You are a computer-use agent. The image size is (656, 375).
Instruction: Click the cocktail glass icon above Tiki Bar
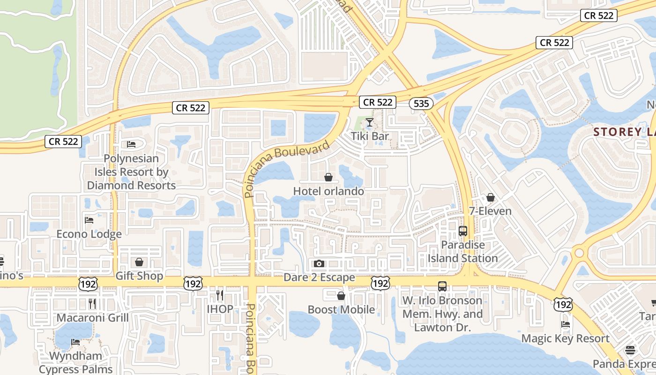coord(370,123)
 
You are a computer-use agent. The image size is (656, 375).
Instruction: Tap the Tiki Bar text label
coord(370,136)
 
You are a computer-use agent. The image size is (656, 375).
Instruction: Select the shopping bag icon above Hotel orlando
coord(328,178)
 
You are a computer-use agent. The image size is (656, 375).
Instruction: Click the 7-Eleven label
coord(491,211)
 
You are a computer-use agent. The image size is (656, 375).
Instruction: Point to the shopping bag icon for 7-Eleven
coord(491,198)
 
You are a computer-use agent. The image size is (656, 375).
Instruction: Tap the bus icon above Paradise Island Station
coord(463,231)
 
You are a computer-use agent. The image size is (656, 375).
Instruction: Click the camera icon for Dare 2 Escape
coord(319,264)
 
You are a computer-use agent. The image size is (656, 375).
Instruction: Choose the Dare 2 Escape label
coord(319,277)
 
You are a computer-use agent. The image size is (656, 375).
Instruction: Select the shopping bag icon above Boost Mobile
coord(341,296)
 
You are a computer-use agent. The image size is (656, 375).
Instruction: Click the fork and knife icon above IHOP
coord(220,295)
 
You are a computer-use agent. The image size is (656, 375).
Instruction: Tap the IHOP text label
coord(220,309)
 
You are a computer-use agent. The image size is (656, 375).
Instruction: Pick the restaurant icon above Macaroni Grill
coord(92,304)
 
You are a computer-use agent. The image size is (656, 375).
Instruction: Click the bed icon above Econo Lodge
coord(89,220)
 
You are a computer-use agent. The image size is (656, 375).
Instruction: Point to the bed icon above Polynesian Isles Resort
coord(131,144)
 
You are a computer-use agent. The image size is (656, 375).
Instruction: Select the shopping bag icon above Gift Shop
coord(139,262)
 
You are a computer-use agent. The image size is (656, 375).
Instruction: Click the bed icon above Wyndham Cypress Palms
coord(75,342)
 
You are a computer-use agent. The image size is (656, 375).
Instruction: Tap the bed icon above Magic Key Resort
coord(566,324)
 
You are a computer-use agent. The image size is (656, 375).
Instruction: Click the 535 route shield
coord(421,104)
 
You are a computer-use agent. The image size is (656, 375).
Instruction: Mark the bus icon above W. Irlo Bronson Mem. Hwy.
coord(442,286)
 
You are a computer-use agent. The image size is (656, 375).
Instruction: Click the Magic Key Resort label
coord(566,338)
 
